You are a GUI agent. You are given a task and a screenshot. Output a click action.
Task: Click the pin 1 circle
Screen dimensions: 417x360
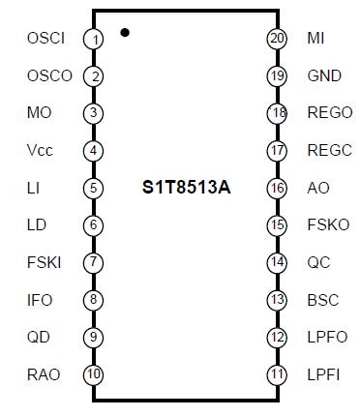click(94, 39)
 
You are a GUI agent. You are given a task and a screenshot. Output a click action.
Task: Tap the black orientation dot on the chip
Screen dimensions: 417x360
click(126, 33)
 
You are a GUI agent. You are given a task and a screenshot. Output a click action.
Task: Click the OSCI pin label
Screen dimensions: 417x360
click(45, 39)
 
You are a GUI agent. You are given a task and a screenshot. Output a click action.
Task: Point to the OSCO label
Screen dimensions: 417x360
click(49, 75)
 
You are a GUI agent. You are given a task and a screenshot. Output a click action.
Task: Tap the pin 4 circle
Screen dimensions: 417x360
click(94, 151)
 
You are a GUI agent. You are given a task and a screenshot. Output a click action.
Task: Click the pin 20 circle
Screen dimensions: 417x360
click(277, 39)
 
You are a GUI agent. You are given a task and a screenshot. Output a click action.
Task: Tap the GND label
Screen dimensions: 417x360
click(324, 75)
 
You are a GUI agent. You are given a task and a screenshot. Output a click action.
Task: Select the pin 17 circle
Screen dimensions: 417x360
click(277, 151)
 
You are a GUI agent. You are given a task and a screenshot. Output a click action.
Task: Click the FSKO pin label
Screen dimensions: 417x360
click(328, 224)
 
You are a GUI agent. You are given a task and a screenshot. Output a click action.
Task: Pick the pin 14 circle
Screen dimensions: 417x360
click(277, 262)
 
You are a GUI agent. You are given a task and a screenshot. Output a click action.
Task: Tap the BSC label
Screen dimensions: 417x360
click(323, 300)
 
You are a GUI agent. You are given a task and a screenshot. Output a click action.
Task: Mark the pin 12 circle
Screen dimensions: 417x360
click(277, 338)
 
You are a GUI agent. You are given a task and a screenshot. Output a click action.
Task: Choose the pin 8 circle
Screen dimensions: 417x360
click(94, 300)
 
